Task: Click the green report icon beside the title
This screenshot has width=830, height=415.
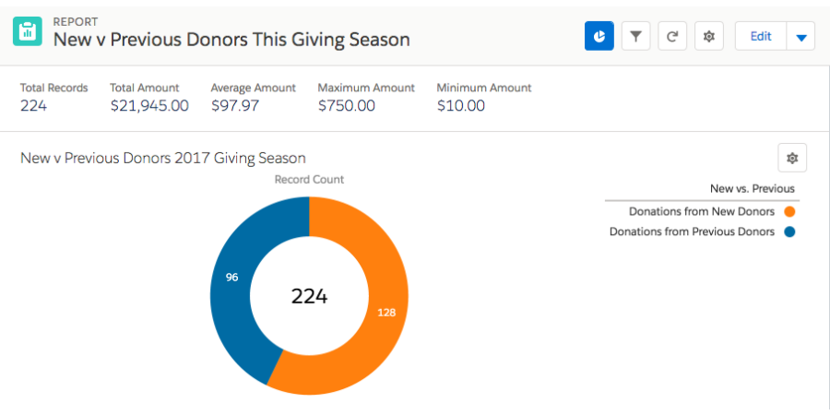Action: (x=28, y=30)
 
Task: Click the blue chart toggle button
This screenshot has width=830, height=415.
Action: (x=599, y=36)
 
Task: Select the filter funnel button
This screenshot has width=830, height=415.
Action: (x=635, y=36)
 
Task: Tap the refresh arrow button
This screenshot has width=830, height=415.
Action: (x=672, y=36)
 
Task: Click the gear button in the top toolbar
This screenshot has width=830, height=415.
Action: (x=708, y=36)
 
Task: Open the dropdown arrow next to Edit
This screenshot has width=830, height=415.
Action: (x=800, y=37)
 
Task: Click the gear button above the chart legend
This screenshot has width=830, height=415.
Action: (x=791, y=158)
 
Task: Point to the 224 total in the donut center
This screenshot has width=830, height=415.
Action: (x=309, y=296)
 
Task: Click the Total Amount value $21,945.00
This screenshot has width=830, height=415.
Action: (x=148, y=105)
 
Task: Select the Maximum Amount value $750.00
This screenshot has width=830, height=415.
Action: (x=346, y=105)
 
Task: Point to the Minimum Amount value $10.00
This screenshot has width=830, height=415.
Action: (x=460, y=105)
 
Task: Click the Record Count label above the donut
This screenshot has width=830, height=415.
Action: (x=309, y=180)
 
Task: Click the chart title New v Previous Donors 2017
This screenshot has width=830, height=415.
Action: (x=162, y=158)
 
